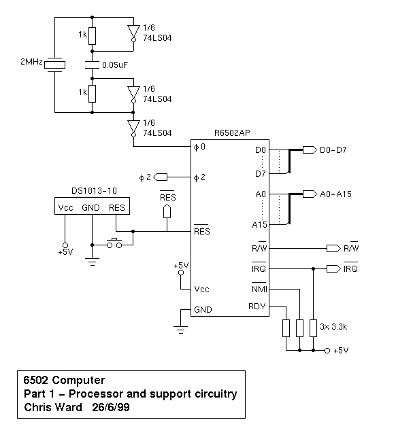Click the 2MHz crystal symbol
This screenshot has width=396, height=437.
pyautogui.click(x=54, y=65)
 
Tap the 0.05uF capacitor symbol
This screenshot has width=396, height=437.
pyautogui.click(x=92, y=65)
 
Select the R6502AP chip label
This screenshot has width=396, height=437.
pyautogui.click(x=232, y=133)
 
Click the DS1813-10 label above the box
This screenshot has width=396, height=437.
pyautogui.click(x=94, y=191)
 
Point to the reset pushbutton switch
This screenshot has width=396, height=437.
pyautogui.click(x=114, y=243)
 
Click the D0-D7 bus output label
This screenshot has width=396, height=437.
pyautogui.click(x=333, y=150)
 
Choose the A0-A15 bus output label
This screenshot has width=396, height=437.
pyautogui.click(x=335, y=194)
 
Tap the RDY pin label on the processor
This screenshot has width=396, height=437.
pyautogui.click(x=257, y=307)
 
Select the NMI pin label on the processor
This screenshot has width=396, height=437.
pyautogui.click(x=259, y=290)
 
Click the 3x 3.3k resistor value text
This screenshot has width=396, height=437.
pyautogui.click(x=333, y=327)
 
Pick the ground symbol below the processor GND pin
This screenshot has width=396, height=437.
pyautogui.click(x=181, y=330)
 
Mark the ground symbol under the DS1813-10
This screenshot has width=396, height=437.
pyautogui.click(x=92, y=262)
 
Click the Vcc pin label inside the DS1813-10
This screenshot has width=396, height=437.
pyautogui.click(x=65, y=208)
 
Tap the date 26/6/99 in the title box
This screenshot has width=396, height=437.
pyautogui.click(x=111, y=407)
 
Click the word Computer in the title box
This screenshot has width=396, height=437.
pyautogui.click(x=78, y=380)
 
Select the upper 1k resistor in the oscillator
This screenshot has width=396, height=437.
pyautogui.click(x=92, y=36)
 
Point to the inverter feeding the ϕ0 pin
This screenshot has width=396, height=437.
pyautogui.click(x=133, y=128)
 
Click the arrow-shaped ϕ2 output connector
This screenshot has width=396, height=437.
pyautogui.click(x=160, y=177)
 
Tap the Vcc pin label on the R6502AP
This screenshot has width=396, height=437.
pyautogui.click(x=201, y=290)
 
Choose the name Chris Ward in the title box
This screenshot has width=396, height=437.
pyautogui.click(x=53, y=407)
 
